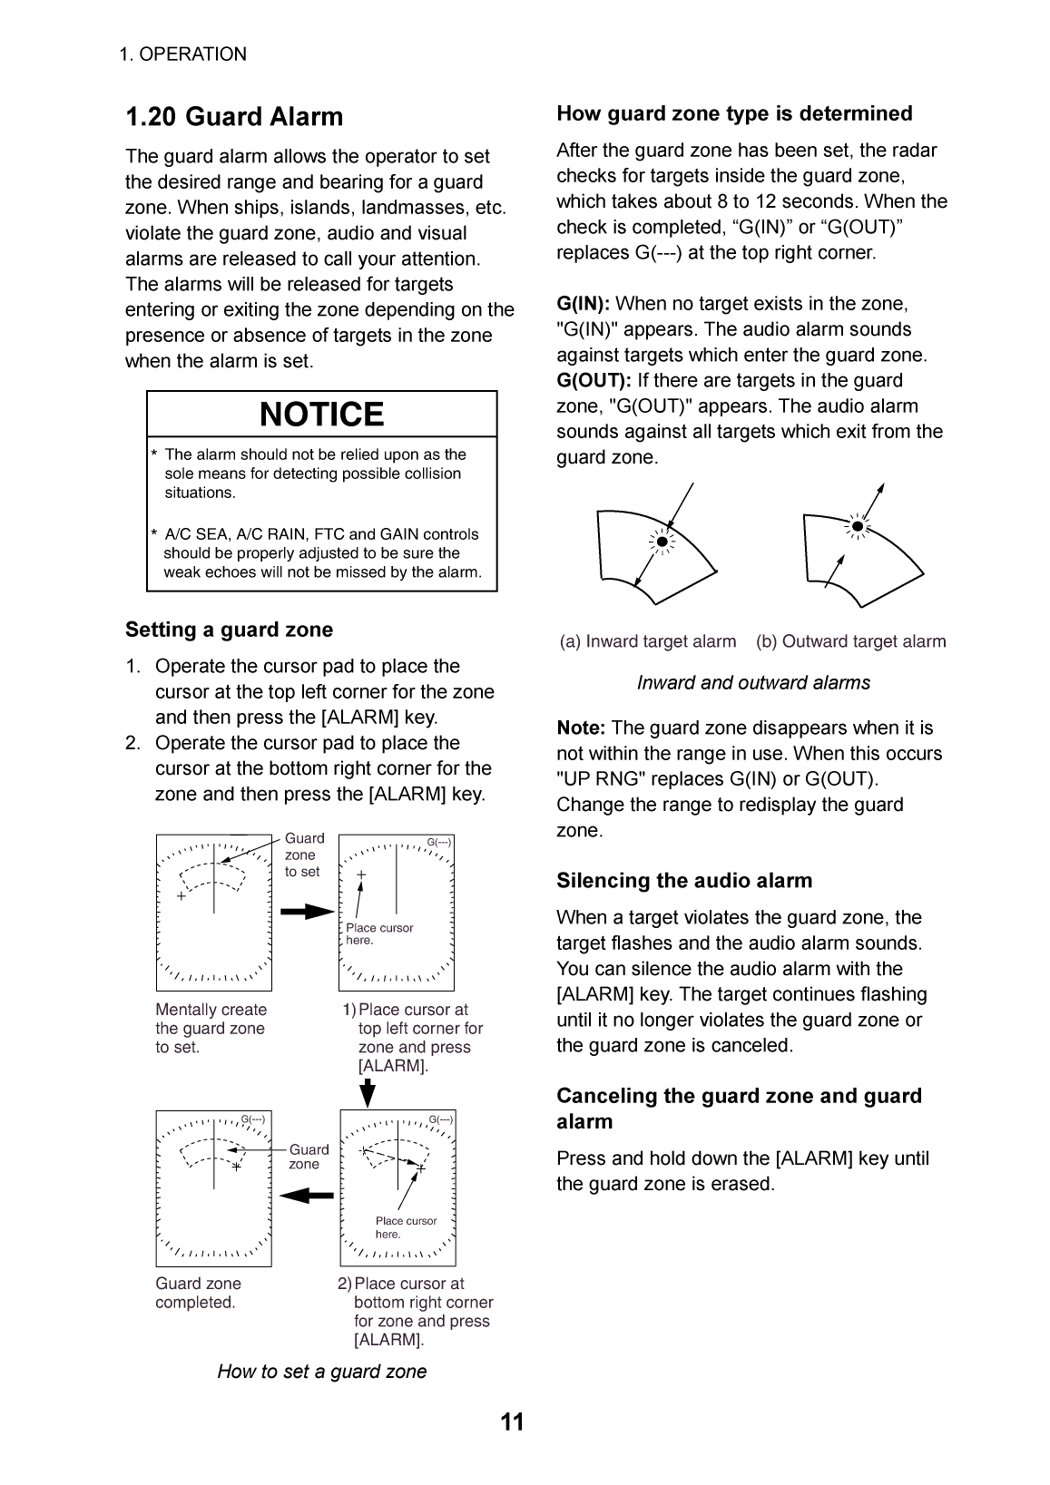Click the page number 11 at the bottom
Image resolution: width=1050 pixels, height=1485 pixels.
[x=512, y=1421]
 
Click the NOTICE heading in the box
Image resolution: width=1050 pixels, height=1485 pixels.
[x=322, y=415]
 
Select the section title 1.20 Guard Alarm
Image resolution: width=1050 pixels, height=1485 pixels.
[x=234, y=117]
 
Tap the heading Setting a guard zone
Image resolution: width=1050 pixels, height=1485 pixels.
[x=229, y=630]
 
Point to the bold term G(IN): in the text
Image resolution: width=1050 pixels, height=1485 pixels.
[x=584, y=304]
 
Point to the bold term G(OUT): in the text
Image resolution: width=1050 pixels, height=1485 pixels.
[x=594, y=381]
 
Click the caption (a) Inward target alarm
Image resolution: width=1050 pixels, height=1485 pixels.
[x=648, y=641]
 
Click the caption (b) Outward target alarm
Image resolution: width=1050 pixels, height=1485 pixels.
[x=850, y=641]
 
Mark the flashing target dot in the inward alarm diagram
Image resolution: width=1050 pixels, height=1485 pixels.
[x=662, y=542]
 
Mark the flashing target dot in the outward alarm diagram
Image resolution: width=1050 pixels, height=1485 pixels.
[x=856, y=525]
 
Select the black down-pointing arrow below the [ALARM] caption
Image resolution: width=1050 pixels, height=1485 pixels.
[x=368, y=1092]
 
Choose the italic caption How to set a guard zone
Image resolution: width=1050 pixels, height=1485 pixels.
[x=321, y=1371]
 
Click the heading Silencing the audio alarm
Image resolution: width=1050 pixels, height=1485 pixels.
[x=684, y=881]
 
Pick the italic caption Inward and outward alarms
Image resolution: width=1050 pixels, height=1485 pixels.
[x=753, y=683]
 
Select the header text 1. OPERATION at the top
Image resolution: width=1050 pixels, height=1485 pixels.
[x=182, y=54]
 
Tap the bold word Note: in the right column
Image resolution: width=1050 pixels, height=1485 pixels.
[x=581, y=728]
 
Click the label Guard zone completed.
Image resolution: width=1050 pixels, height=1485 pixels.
[x=198, y=1293]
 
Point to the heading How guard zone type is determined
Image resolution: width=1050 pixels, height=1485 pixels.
[x=734, y=113]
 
